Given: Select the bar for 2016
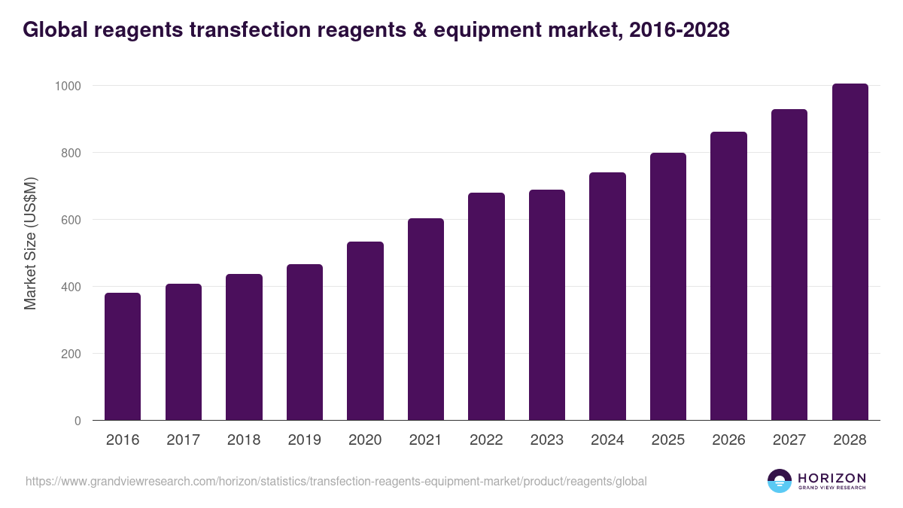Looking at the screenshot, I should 123,357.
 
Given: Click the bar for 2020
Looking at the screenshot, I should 365,331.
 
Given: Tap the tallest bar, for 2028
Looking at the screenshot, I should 850,252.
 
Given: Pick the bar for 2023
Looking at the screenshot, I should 547,305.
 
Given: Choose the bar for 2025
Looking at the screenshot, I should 668,287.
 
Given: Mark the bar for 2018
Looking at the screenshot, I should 244,347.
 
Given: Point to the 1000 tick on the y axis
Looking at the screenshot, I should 68,86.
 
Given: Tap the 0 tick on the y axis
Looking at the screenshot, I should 78,421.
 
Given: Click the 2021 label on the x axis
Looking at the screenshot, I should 425,440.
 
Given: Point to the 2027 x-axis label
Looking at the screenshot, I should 789,440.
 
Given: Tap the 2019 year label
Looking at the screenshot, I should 304,440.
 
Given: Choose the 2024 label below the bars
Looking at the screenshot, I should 607,440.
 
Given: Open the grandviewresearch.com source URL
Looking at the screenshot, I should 336,481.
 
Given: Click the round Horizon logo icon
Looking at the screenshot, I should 780,481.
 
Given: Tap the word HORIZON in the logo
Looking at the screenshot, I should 832,477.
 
